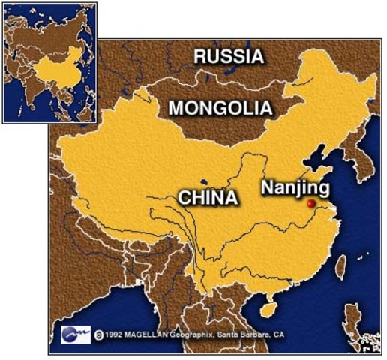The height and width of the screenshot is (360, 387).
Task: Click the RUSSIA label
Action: click(x=229, y=56)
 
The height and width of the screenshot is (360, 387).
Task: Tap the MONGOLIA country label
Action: click(x=220, y=108)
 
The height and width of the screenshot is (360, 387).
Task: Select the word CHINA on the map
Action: click(x=208, y=198)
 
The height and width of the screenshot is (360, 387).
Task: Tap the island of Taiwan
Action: click(x=342, y=265)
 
